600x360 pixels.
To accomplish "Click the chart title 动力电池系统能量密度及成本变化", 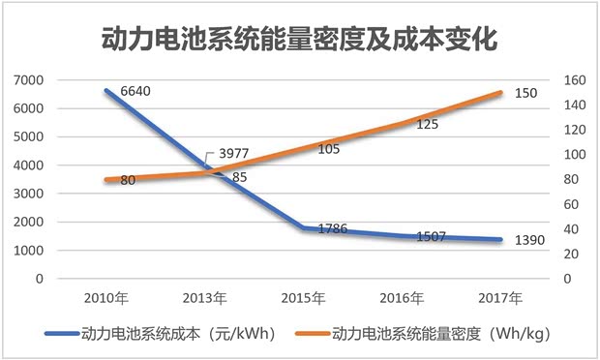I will click(299, 41).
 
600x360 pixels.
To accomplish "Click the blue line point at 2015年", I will click(305, 228).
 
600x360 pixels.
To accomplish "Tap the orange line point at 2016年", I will click(403, 122).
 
